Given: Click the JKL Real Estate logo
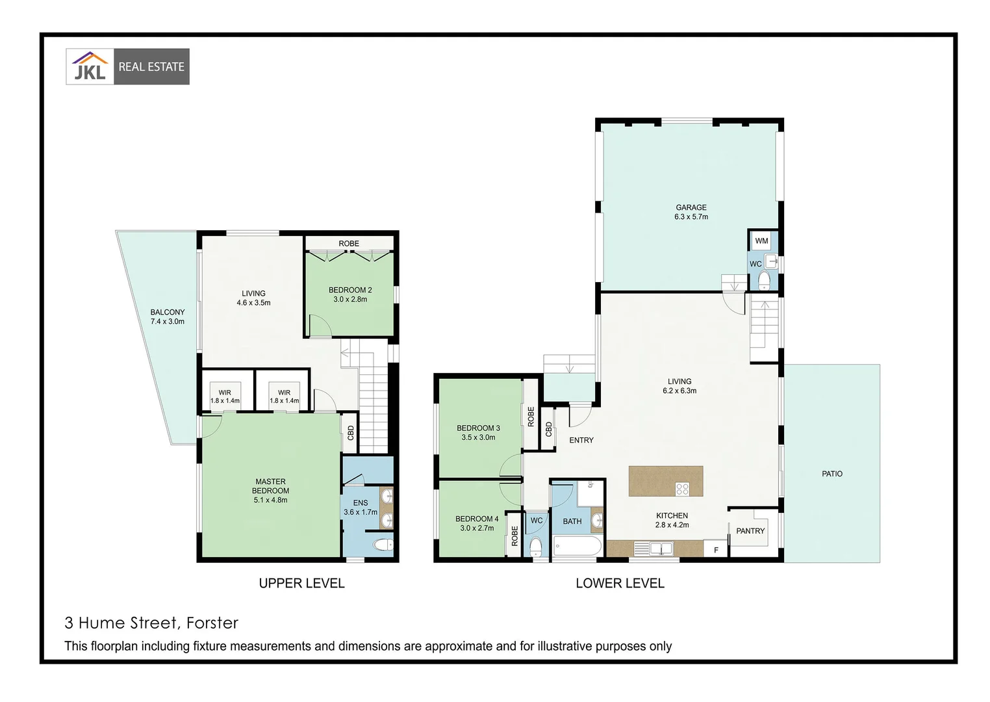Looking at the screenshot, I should [127, 66].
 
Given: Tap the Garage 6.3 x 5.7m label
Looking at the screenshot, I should [691, 212].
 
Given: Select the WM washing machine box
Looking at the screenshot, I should [761, 240].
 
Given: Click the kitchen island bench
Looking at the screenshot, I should [666, 481].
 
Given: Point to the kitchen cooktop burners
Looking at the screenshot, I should [682, 489].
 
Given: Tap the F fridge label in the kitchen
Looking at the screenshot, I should [716, 550].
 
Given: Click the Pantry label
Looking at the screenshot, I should [750, 531].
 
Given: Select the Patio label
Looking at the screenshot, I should [831, 474].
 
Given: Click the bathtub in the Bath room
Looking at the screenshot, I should [577, 546].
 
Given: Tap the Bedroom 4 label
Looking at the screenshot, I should [477, 519].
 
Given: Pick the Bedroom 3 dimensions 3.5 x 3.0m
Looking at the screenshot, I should [478, 437].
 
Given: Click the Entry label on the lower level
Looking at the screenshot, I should [581, 440].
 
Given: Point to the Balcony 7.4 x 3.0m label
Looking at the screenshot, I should [168, 317].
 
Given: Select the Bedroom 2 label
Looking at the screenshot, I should [350, 290].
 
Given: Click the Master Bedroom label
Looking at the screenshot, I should [270, 486].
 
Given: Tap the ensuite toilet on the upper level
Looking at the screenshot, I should [381, 544].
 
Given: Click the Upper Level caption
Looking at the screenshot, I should [301, 583].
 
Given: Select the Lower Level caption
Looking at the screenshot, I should [620, 583].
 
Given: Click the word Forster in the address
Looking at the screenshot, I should [212, 623].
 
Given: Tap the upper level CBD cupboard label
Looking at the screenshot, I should [351, 432].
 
